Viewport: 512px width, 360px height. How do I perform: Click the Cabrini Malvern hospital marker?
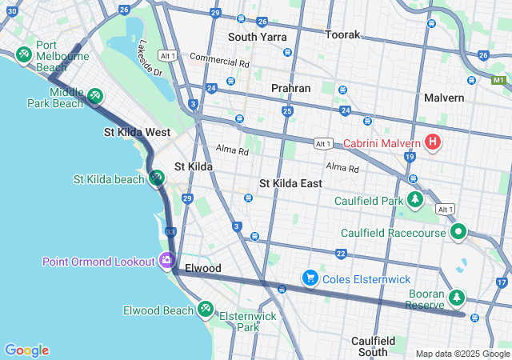433,143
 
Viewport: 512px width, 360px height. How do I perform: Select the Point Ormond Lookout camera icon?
166,260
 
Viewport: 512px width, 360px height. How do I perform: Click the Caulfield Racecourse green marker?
458,232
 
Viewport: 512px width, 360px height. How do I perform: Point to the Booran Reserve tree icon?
457,298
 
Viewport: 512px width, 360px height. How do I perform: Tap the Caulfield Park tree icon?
414,199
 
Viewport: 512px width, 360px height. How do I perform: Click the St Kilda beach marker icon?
157,178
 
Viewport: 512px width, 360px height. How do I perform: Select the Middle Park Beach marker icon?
95,97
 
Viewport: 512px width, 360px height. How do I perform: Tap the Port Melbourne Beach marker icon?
23,54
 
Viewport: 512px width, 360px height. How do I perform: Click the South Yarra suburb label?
254,37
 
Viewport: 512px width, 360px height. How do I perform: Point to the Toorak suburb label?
342,35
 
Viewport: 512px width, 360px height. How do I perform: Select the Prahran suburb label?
290,88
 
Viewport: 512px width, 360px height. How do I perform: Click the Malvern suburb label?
444,98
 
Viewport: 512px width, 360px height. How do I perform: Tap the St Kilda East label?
290,183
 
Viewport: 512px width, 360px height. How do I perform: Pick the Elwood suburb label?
202,268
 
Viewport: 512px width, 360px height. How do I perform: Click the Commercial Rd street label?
219,60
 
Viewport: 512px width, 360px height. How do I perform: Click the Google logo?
26,350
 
